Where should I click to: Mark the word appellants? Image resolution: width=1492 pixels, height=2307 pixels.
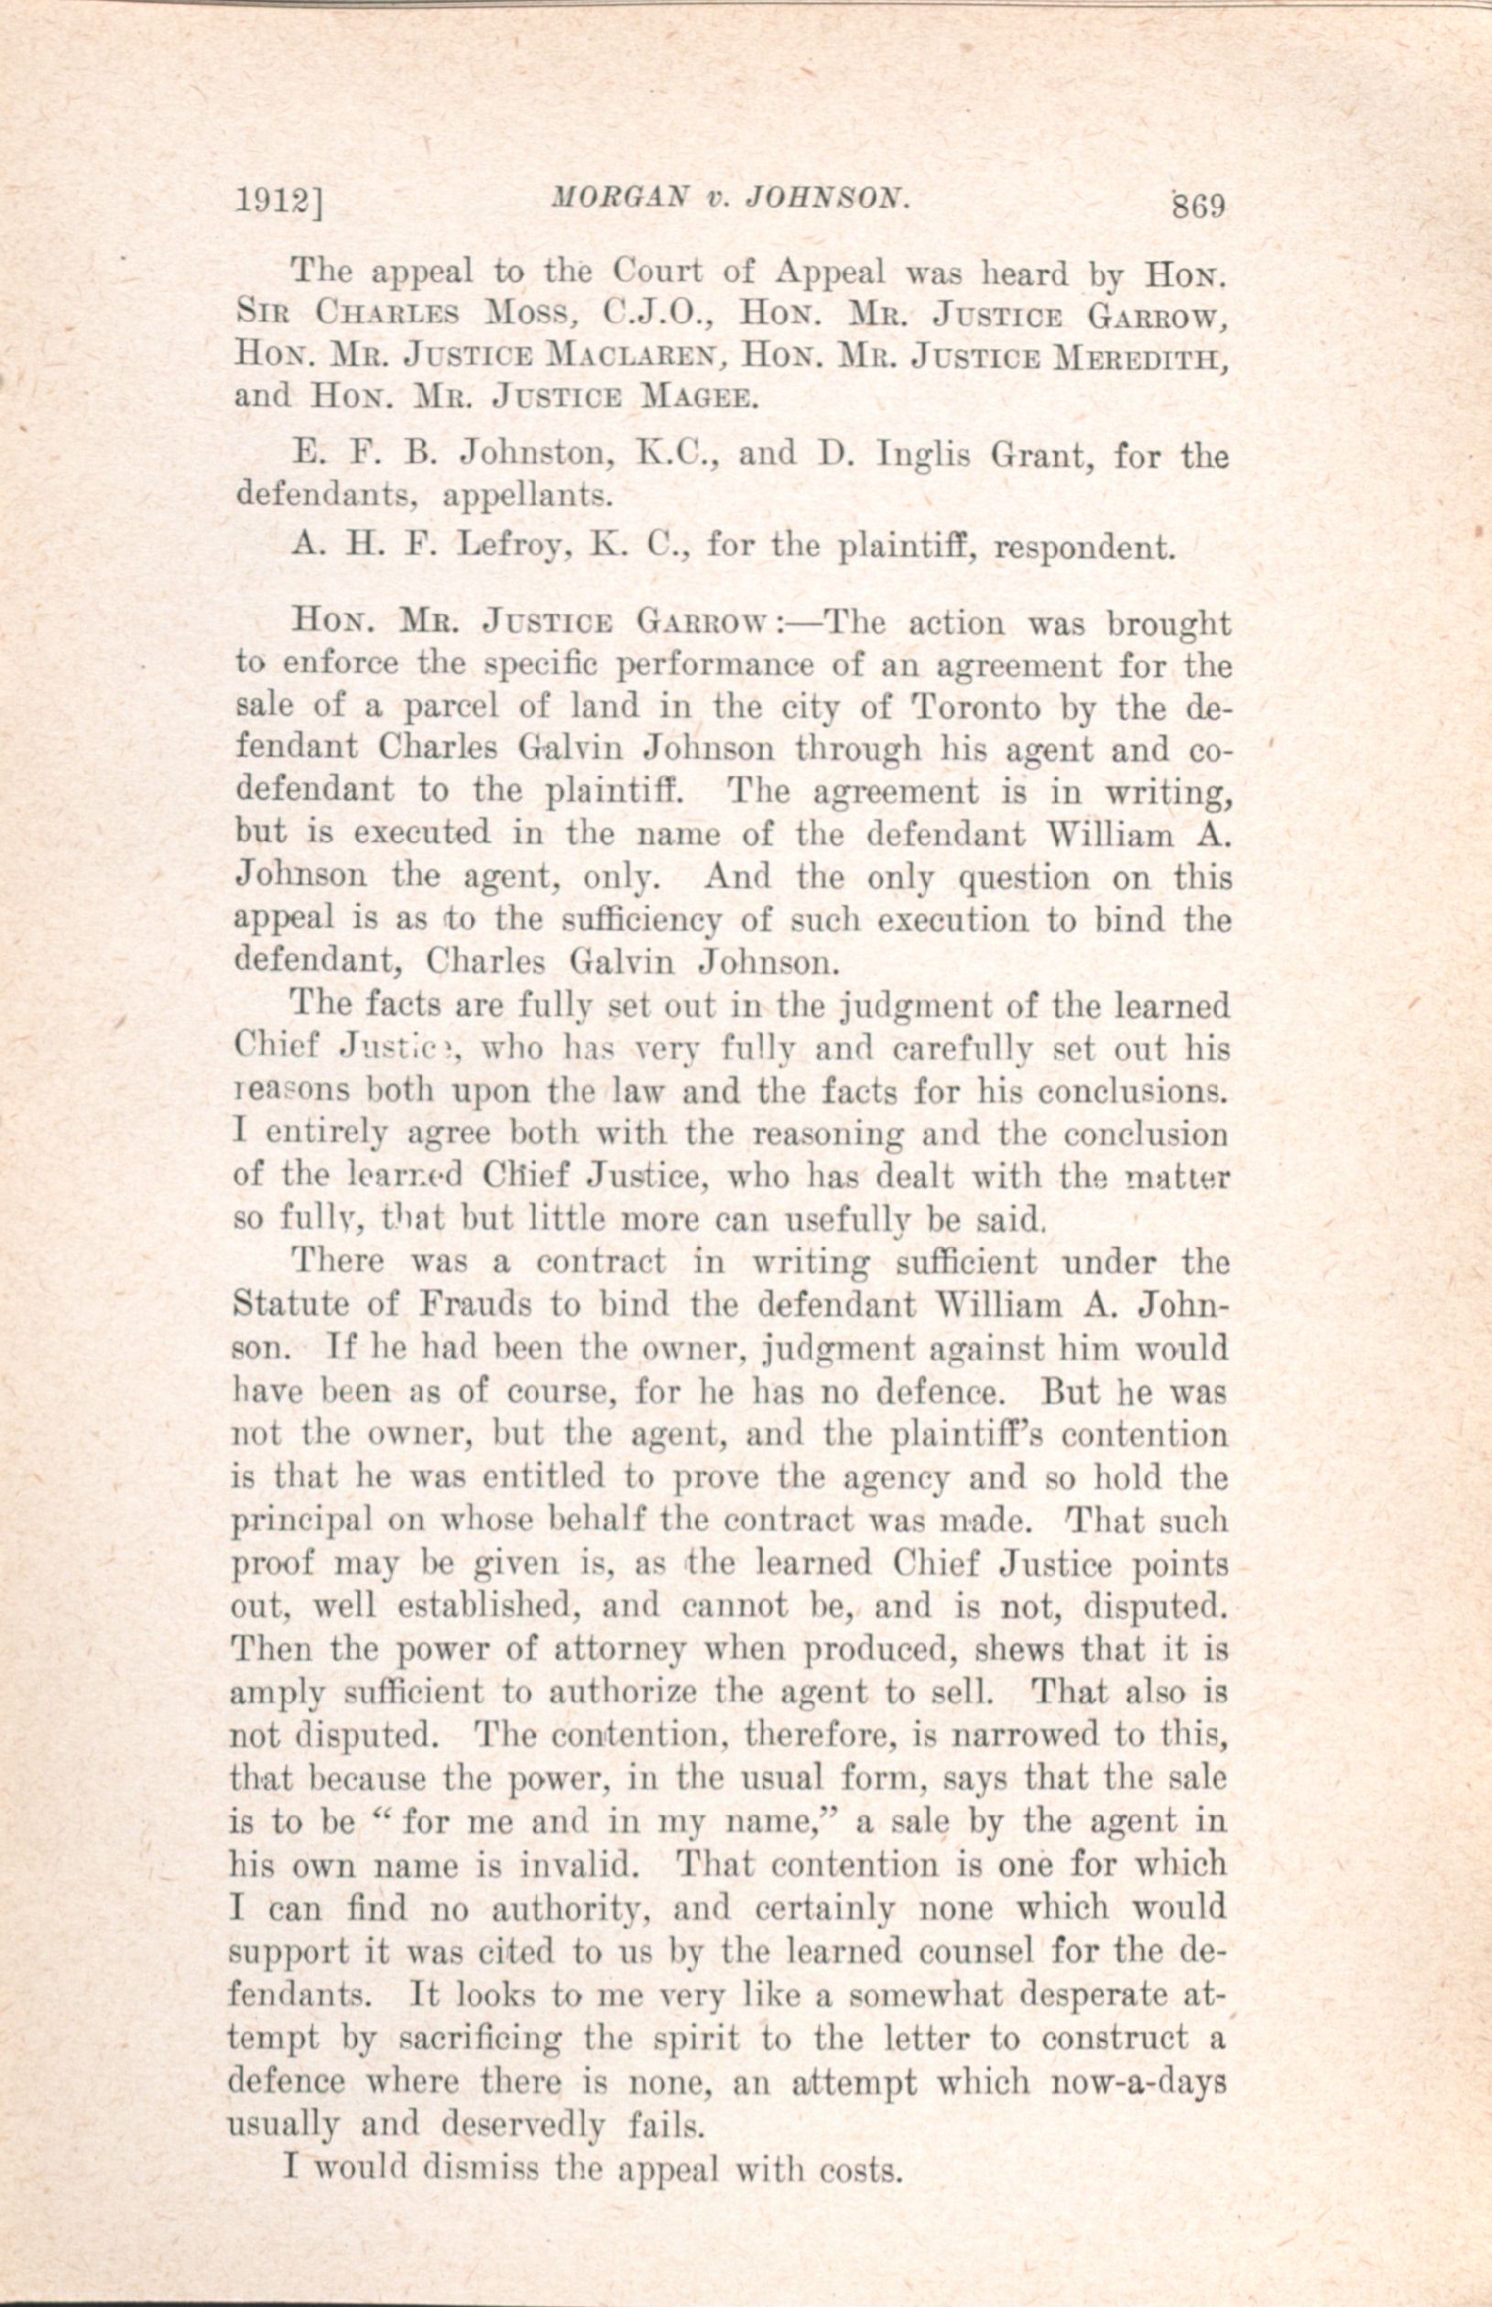(x=527, y=495)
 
